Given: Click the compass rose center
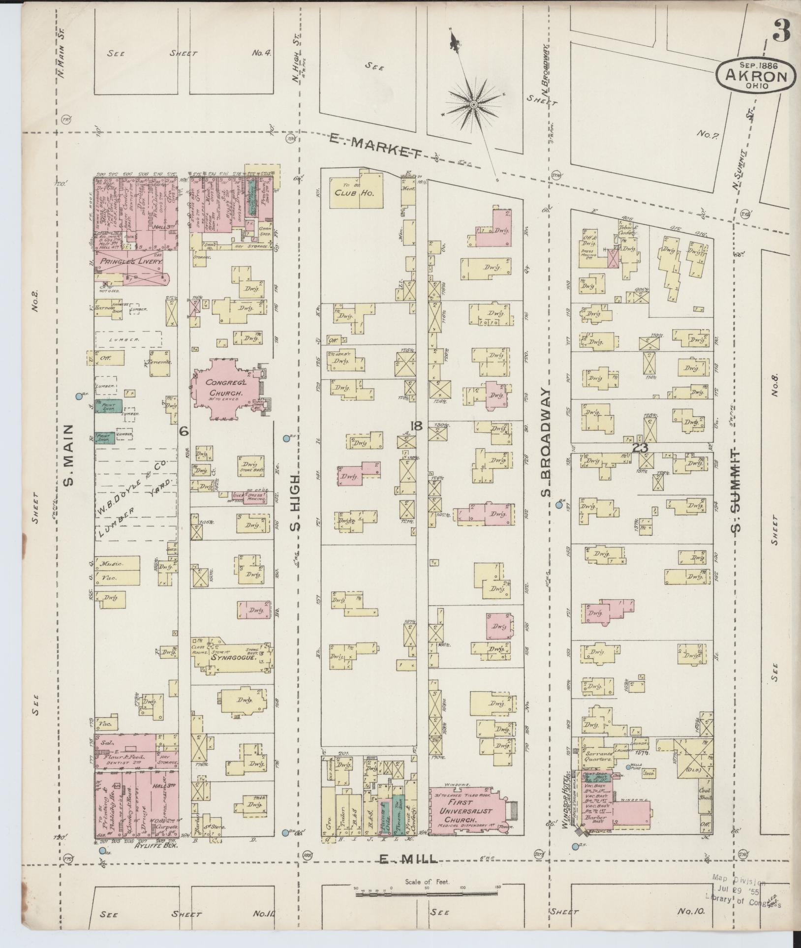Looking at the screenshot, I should coord(473,105).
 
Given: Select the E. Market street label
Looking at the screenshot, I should coord(376,148).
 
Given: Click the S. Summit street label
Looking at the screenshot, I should coord(736,491).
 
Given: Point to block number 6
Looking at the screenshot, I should coord(184,431).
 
